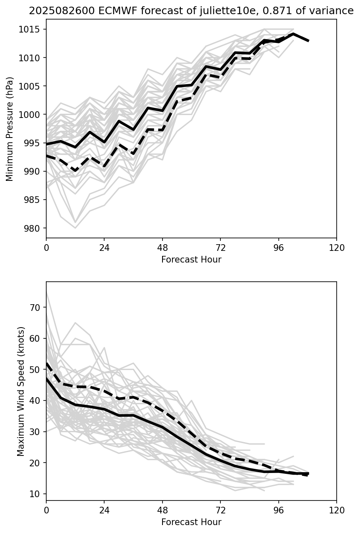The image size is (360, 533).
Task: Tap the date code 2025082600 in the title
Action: click(54, 11)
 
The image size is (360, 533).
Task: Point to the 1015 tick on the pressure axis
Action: click(32, 29)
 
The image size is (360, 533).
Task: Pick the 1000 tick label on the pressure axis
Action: click(32, 115)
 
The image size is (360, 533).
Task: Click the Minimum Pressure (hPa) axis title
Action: click(10, 129)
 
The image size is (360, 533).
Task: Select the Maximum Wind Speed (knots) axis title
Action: click(21, 391)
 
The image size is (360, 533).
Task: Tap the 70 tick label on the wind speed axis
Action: click(36, 308)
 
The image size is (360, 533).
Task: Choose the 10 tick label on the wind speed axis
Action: click(36, 494)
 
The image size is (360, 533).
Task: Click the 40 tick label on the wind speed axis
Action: click(36, 401)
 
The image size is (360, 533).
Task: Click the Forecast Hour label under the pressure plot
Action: click(191, 260)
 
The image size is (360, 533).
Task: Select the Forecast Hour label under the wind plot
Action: click(191, 522)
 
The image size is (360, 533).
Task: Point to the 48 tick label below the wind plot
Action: click(162, 510)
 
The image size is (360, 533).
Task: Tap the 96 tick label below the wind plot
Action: click(278, 510)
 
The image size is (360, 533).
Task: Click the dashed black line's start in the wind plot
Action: click(47, 363)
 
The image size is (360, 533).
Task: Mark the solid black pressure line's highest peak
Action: click(293, 34)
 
